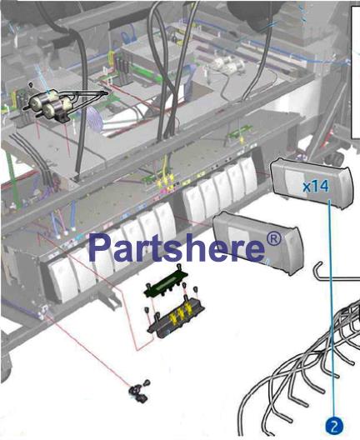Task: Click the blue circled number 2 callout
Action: pyautogui.click(x=334, y=426)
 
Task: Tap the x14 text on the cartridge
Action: pyautogui.click(x=315, y=187)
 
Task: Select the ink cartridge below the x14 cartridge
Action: pyautogui.click(x=258, y=242)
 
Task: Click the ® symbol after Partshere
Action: pyautogui.click(x=273, y=239)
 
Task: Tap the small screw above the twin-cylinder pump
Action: pyautogui.click(x=31, y=84)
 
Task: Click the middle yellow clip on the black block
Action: pyautogui.click(x=181, y=314)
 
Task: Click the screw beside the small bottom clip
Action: pyautogui.click(x=147, y=382)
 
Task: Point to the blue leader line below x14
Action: pyautogui.click(x=332, y=308)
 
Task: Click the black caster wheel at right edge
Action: pyautogui.click(x=335, y=159)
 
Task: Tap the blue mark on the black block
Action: pyautogui.click(x=168, y=332)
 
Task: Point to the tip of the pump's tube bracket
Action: pyautogui.click(x=107, y=92)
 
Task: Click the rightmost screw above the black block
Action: pyautogui.click(x=195, y=291)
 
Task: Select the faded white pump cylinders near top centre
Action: pyautogui.click(x=225, y=63)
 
